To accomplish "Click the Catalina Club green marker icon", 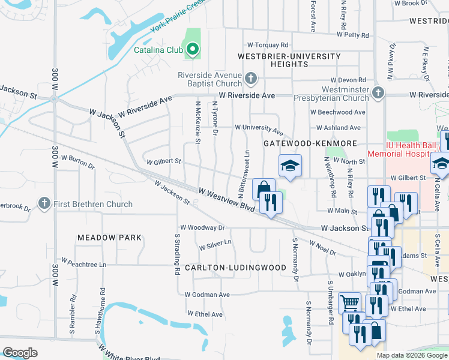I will point(192,50).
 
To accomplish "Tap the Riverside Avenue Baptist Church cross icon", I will point(251,79).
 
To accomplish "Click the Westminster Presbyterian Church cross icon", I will point(377,92).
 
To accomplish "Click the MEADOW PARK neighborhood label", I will point(109,238).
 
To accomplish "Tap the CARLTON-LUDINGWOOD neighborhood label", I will point(231,267).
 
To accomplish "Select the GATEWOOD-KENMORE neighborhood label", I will point(310,143).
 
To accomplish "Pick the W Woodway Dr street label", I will point(202,228).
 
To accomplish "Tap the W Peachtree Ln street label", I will point(83,264).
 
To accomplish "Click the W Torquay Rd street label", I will point(268,45).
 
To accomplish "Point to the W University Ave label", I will point(258,128).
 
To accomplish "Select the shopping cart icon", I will point(349,302).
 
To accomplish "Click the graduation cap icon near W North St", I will point(290,166).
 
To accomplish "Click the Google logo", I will point(20,353).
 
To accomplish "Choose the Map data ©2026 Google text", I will point(412,355).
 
